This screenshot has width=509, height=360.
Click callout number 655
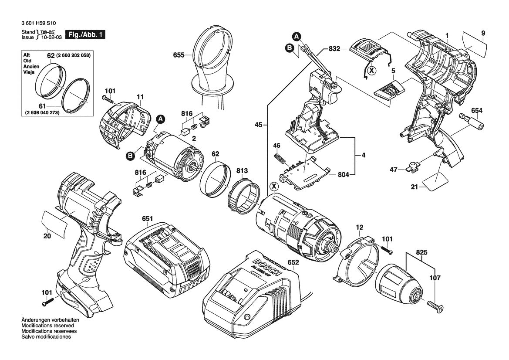click(178, 55)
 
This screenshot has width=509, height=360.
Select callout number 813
click(243, 170)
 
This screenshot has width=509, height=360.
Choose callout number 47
click(394, 170)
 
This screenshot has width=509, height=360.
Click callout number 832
click(334, 50)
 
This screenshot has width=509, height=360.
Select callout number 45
click(259, 126)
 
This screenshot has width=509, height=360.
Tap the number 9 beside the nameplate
click(483, 33)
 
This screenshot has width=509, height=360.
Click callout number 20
click(47, 236)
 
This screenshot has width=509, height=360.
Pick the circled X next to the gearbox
click(273, 187)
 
